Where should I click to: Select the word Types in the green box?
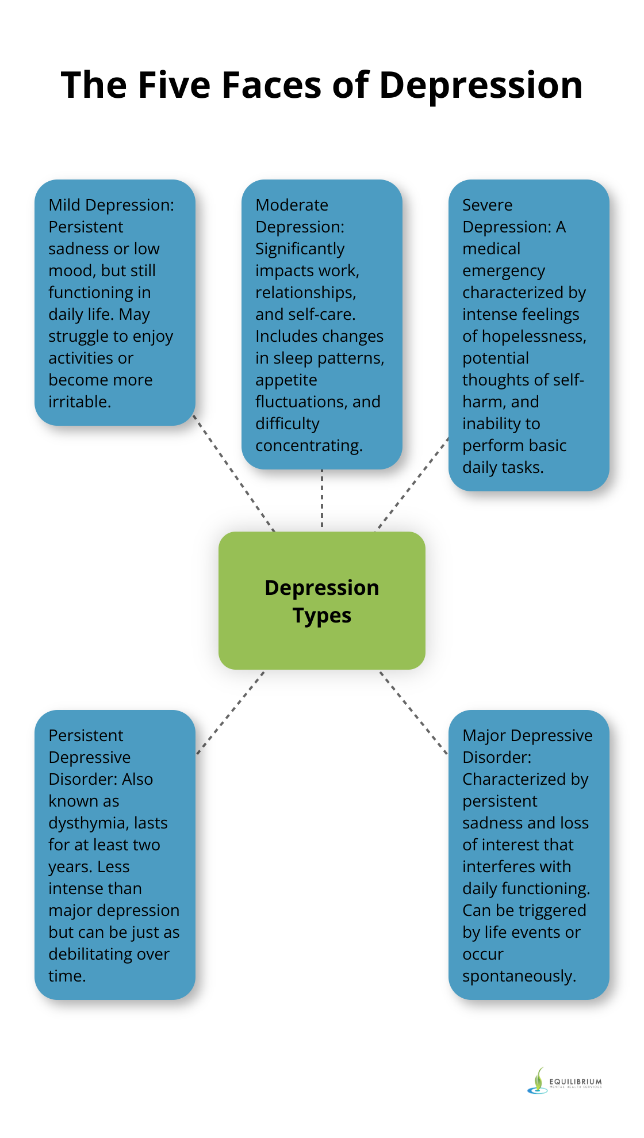coord(322,616)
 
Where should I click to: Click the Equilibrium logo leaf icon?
coord(538,1080)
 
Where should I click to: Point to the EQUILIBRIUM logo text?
coord(576,1082)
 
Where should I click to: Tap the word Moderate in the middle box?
coord(292,205)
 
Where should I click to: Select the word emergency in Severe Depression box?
coord(503,271)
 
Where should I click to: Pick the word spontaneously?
coord(518,976)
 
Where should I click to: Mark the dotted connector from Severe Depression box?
coord(413,484)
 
